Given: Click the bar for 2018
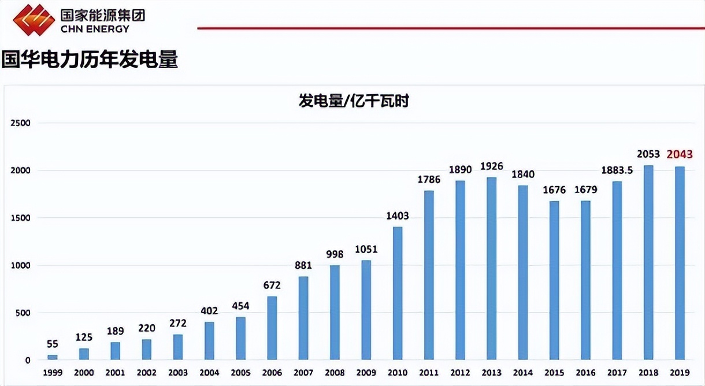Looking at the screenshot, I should click(648, 262).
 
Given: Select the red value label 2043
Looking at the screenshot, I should click(680, 154).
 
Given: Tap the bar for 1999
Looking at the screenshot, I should click(53, 357).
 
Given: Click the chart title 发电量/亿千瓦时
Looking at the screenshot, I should click(354, 101).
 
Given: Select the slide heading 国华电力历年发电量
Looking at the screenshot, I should click(90, 60).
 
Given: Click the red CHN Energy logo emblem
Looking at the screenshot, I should click(33, 18).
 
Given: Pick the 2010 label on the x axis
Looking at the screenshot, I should click(398, 373).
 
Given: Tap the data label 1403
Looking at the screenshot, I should click(398, 216).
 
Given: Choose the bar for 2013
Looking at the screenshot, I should click(491, 268).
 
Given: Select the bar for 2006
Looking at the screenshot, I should click(272, 328).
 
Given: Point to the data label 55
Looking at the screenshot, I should click(53, 344).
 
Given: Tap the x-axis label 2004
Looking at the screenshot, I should click(209, 373).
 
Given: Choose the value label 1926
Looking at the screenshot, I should click(491, 166).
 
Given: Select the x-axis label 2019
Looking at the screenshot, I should click(680, 373).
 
